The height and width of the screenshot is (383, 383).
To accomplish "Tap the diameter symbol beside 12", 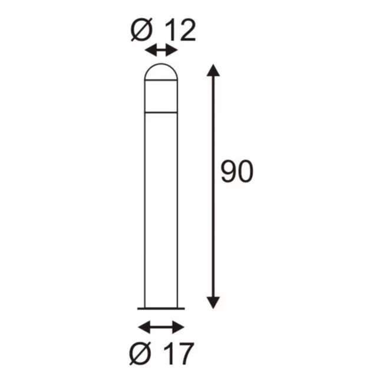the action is tap(142, 30).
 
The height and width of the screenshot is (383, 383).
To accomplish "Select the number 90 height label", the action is tap(237, 171).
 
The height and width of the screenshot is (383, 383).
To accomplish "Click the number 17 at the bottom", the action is tap(179, 354).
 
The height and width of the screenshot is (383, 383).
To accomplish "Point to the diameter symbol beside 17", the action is tap(140, 353).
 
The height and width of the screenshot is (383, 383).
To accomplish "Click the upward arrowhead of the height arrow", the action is tap(213, 70).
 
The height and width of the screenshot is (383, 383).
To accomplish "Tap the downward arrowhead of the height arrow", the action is tap(213, 303).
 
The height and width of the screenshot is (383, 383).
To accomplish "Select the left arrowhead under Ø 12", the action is tap(151, 51).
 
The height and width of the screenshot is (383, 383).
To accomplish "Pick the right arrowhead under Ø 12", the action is tap(171, 51).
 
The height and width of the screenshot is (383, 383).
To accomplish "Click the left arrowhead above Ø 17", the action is tap(144, 327).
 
